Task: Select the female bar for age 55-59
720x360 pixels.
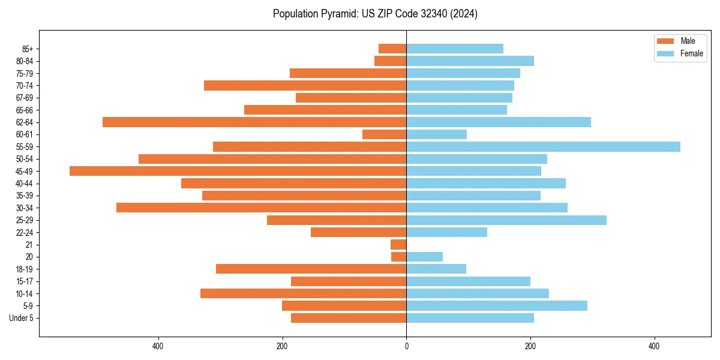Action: (x=543, y=146)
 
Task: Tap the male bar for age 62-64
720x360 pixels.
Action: (x=254, y=122)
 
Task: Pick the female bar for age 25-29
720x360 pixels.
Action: (x=506, y=220)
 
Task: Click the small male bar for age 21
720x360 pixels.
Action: (x=398, y=245)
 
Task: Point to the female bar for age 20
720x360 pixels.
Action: (x=424, y=257)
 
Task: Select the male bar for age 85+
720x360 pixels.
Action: (x=392, y=49)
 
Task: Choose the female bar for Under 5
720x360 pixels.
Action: (x=470, y=318)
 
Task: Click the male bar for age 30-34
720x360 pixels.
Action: (x=261, y=208)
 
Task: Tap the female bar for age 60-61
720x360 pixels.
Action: (x=436, y=134)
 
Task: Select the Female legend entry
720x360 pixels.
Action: (x=680, y=53)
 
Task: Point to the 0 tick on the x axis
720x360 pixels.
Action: (x=406, y=346)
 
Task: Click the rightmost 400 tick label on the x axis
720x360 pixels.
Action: (x=654, y=346)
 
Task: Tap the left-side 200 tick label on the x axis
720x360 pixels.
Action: (x=282, y=346)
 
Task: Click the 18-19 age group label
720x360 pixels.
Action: (x=25, y=269)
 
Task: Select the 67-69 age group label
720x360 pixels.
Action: (x=25, y=98)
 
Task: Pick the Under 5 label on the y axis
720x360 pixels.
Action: (x=22, y=318)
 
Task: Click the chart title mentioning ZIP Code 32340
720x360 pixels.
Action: (x=375, y=14)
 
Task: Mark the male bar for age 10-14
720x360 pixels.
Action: (x=303, y=293)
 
